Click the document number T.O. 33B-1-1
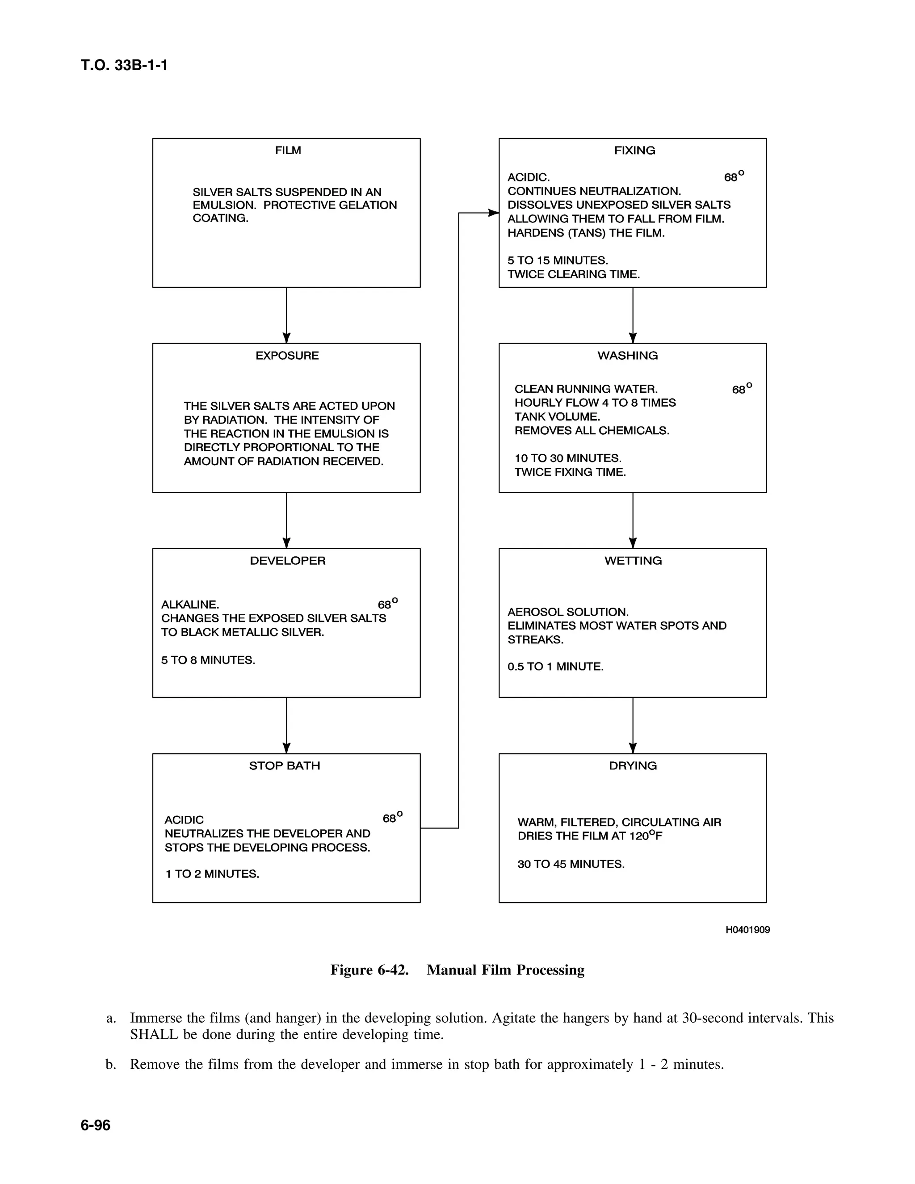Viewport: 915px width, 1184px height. [124, 65]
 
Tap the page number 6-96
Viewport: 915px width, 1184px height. [96, 1125]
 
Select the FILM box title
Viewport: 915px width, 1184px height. [288, 150]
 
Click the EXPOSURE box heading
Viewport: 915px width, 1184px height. [287, 356]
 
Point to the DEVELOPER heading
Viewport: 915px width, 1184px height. [287, 561]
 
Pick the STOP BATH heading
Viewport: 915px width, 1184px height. [285, 765]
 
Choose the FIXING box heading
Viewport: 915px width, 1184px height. [634, 150]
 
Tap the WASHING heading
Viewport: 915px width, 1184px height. [628, 356]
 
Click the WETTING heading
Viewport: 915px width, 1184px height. [633, 561]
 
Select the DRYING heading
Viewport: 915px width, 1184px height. [633, 765]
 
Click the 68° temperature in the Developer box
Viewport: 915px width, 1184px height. [387, 604]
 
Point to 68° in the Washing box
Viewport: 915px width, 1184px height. [742, 389]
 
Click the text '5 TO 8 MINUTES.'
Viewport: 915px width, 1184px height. [208, 660]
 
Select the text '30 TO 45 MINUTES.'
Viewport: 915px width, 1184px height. [571, 864]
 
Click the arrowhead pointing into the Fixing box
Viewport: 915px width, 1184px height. [493, 213]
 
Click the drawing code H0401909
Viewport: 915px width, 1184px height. [747, 930]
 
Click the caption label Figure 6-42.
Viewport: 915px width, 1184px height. [369, 970]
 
